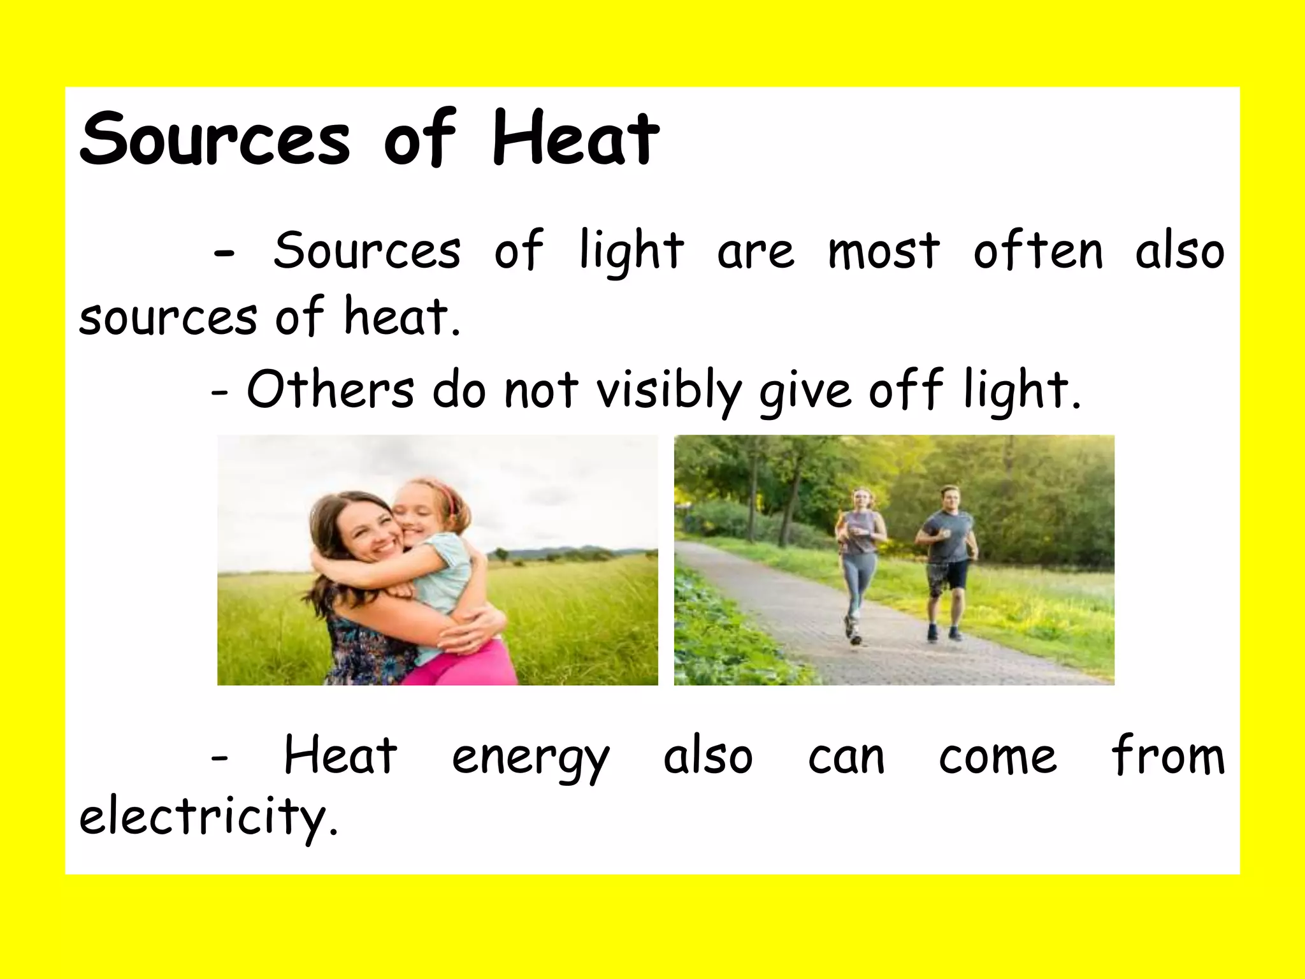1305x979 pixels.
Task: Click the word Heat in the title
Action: tap(575, 138)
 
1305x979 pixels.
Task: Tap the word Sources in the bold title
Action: tap(215, 138)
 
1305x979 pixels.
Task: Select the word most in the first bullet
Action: tap(883, 250)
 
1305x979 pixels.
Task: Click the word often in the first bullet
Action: tap(1038, 250)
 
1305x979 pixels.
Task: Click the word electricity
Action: tap(208, 816)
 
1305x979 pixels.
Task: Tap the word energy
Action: tap(531, 758)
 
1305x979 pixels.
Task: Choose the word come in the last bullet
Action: tap(998, 758)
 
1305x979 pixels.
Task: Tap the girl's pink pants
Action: tap(465, 666)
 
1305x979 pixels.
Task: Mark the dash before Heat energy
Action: tap(219, 758)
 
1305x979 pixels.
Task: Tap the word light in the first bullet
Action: tap(631, 251)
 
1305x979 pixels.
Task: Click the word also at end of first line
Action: tap(1179, 250)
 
